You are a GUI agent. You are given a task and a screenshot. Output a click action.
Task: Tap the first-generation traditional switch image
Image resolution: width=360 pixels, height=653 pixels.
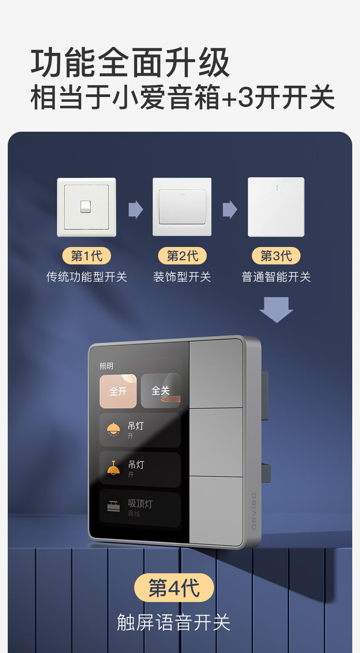(x=87, y=207)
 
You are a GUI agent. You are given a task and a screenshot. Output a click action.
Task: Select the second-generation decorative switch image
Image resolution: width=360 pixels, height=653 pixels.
(x=182, y=207)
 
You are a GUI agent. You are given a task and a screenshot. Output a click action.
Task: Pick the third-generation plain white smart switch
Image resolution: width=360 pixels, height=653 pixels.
(x=276, y=207)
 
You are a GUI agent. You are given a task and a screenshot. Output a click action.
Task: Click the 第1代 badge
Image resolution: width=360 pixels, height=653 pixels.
(x=87, y=256)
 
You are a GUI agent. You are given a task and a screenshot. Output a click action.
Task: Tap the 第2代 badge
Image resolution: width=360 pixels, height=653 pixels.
(x=182, y=256)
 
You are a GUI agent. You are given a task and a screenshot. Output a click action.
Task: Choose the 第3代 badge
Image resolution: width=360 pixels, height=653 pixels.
(x=276, y=256)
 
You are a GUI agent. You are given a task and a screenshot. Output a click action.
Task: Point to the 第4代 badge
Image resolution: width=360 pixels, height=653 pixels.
(x=174, y=588)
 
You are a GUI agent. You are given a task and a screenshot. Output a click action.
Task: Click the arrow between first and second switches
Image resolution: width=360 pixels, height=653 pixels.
(x=135, y=210)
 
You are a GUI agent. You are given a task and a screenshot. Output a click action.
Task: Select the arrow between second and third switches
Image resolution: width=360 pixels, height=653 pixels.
(x=230, y=210)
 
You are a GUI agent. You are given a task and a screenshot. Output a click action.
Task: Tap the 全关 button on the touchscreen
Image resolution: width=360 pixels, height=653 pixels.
(x=160, y=391)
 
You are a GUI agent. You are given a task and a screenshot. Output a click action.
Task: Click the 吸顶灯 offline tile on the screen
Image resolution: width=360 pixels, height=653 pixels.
(x=140, y=508)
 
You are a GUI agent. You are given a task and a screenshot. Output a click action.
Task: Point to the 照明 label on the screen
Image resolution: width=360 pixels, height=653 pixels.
(x=106, y=366)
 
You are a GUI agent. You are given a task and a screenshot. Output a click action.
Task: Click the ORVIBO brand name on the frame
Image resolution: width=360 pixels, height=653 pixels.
(x=254, y=510)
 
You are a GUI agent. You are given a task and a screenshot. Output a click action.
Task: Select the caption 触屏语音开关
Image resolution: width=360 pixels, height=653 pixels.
(x=174, y=622)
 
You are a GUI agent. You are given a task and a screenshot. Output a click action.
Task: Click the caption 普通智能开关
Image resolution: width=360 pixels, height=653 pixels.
(x=276, y=277)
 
